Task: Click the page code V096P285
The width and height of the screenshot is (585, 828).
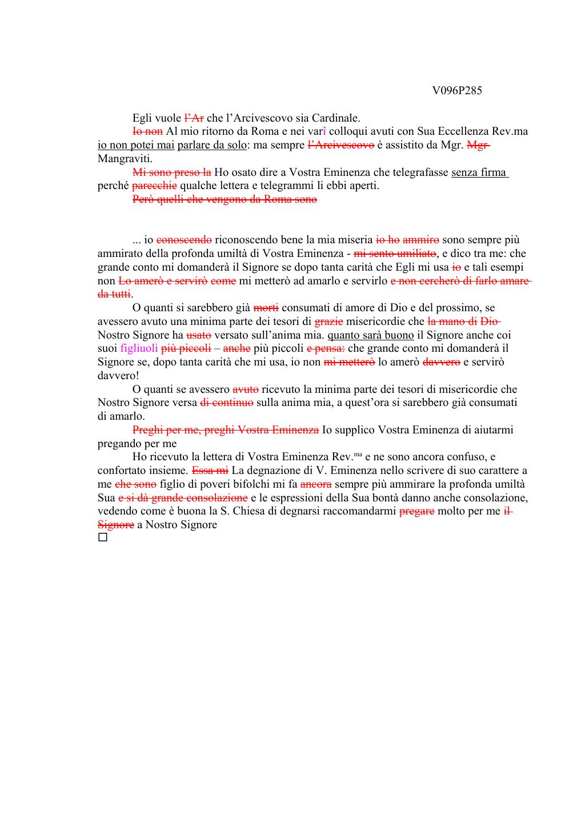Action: tap(456, 91)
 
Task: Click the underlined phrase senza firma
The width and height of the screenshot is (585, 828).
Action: tap(479, 172)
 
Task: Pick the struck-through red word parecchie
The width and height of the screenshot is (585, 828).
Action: tap(154, 186)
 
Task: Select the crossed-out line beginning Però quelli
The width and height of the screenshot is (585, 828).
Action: tap(225, 199)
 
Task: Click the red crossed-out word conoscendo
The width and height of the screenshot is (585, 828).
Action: tap(184, 240)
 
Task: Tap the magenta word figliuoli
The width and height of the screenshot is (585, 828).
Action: tap(139, 348)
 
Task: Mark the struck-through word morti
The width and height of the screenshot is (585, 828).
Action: tap(266, 308)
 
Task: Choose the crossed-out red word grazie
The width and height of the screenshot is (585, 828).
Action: tap(328, 321)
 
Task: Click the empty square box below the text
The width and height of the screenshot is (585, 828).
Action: tap(102, 538)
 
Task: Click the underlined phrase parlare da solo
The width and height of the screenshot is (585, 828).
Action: tap(211, 145)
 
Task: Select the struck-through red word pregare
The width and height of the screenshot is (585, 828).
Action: tap(416, 511)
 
